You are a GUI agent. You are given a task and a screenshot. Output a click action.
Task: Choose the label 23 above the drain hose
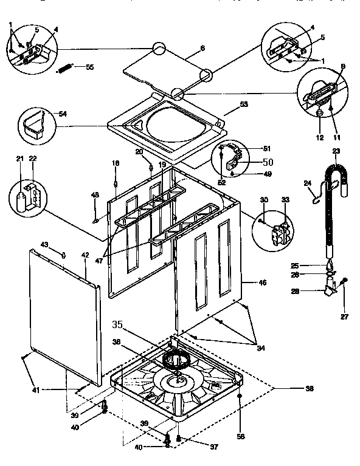pyautogui.click(x=336, y=151)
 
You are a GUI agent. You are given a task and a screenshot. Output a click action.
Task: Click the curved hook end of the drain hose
pyautogui.click(x=336, y=176)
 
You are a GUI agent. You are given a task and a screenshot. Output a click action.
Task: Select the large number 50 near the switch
pyautogui.click(x=268, y=162)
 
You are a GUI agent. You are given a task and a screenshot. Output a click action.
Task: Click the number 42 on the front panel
pyautogui.click(x=85, y=255)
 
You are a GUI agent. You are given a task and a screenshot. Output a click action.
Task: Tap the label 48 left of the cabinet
pyautogui.click(x=95, y=194)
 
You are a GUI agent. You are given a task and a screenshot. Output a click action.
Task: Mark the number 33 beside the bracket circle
pyautogui.click(x=285, y=200)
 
